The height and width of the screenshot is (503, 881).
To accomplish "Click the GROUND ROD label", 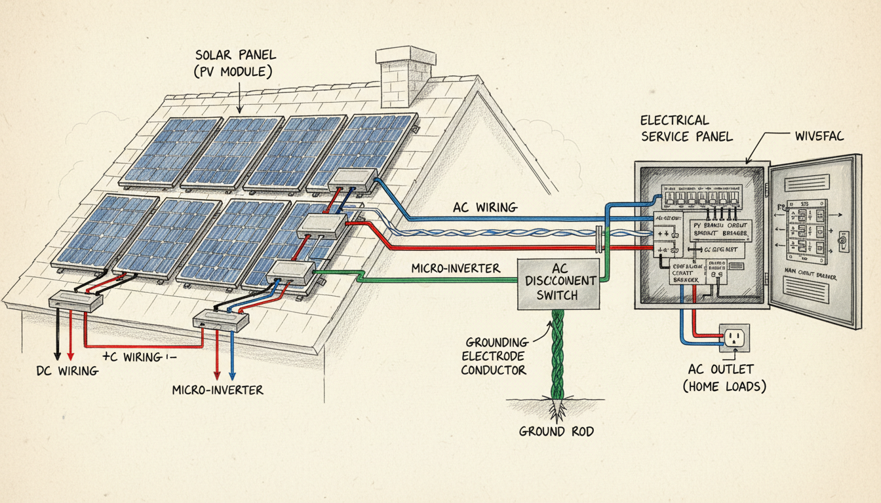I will [x=553, y=432].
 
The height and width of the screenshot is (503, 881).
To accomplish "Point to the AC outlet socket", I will [x=734, y=338].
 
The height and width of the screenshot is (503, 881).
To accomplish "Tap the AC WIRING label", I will [x=485, y=208].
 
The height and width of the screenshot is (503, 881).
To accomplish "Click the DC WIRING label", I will [x=67, y=371].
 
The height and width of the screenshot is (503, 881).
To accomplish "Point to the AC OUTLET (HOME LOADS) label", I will [x=725, y=377].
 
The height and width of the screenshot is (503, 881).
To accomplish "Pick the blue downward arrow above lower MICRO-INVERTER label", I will [x=231, y=374].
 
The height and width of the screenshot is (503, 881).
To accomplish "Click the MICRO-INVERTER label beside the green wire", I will [x=456, y=268].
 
